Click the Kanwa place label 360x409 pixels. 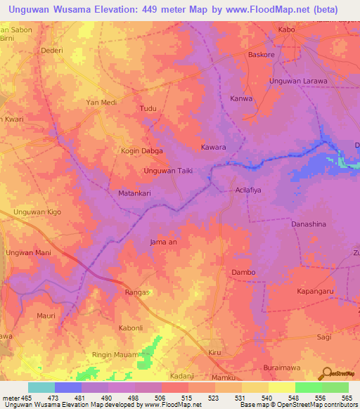[x=241, y=98]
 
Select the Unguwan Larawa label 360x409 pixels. [x=299, y=81]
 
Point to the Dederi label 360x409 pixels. [x=51, y=51]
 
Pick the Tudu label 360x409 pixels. [x=148, y=109]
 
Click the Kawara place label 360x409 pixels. [x=213, y=148]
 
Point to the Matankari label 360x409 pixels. [x=126, y=191]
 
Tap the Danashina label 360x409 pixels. [x=309, y=223]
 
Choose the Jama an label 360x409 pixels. [x=163, y=242]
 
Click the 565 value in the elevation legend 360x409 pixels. [x=347, y=398]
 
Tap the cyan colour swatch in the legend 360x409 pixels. [x=41, y=387]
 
